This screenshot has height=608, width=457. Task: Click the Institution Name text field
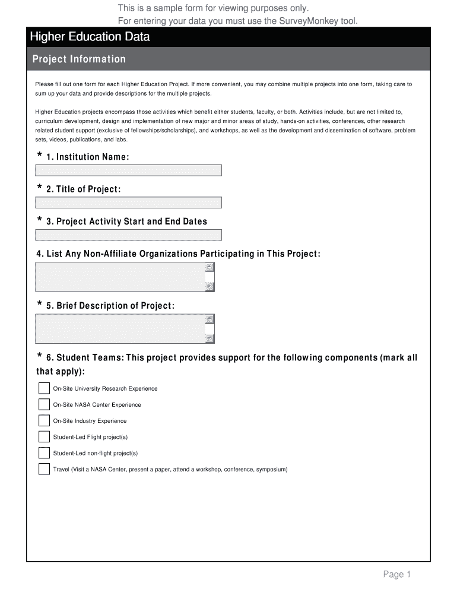(128, 170)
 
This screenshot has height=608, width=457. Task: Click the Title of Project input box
(128, 202)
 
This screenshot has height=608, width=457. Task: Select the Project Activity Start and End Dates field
(128, 235)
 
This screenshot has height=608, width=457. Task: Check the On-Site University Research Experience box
(44, 388)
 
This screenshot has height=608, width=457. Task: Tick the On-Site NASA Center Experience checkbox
(44, 404)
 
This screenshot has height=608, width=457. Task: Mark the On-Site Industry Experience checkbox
(44, 420)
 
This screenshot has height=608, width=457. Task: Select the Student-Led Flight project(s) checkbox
(44, 437)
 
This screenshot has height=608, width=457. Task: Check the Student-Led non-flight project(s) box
(44, 453)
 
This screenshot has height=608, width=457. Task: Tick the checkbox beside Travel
(44, 469)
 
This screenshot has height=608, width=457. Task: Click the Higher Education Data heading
(90, 37)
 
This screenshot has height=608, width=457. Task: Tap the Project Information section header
(79, 59)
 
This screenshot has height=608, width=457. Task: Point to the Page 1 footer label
(396, 574)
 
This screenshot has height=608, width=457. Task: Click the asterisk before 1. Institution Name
(40, 156)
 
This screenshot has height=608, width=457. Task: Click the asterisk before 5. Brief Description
(40, 305)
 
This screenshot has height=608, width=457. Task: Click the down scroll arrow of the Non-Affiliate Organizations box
(210, 287)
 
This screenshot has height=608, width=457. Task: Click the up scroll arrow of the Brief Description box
(210, 319)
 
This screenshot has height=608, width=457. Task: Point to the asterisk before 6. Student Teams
(40, 357)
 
